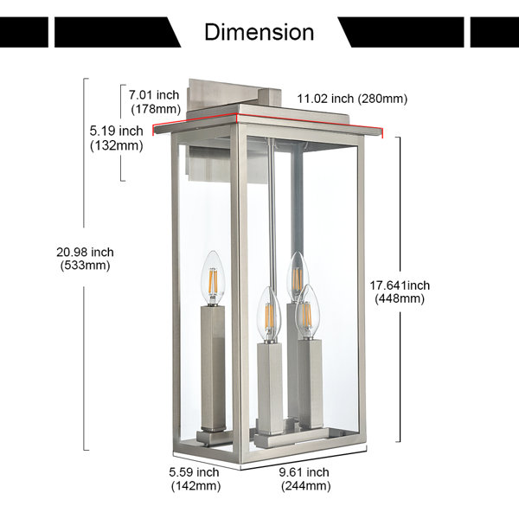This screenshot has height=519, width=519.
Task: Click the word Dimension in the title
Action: (x=259, y=32)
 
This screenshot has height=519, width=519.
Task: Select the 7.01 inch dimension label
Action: (x=154, y=101)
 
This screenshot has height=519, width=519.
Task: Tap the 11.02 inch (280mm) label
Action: (x=352, y=99)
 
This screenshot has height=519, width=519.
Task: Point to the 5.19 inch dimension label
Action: (x=117, y=138)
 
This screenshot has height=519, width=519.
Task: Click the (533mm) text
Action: (x=85, y=266)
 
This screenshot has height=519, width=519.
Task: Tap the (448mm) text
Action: (x=400, y=299)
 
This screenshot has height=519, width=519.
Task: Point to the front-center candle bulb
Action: (x=269, y=315)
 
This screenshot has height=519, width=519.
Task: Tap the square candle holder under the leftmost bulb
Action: (x=213, y=368)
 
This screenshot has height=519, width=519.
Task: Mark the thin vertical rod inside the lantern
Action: (x=272, y=212)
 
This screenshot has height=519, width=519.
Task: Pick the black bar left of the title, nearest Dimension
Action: (x=118, y=32)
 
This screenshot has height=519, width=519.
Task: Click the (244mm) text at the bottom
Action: (x=306, y=486)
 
